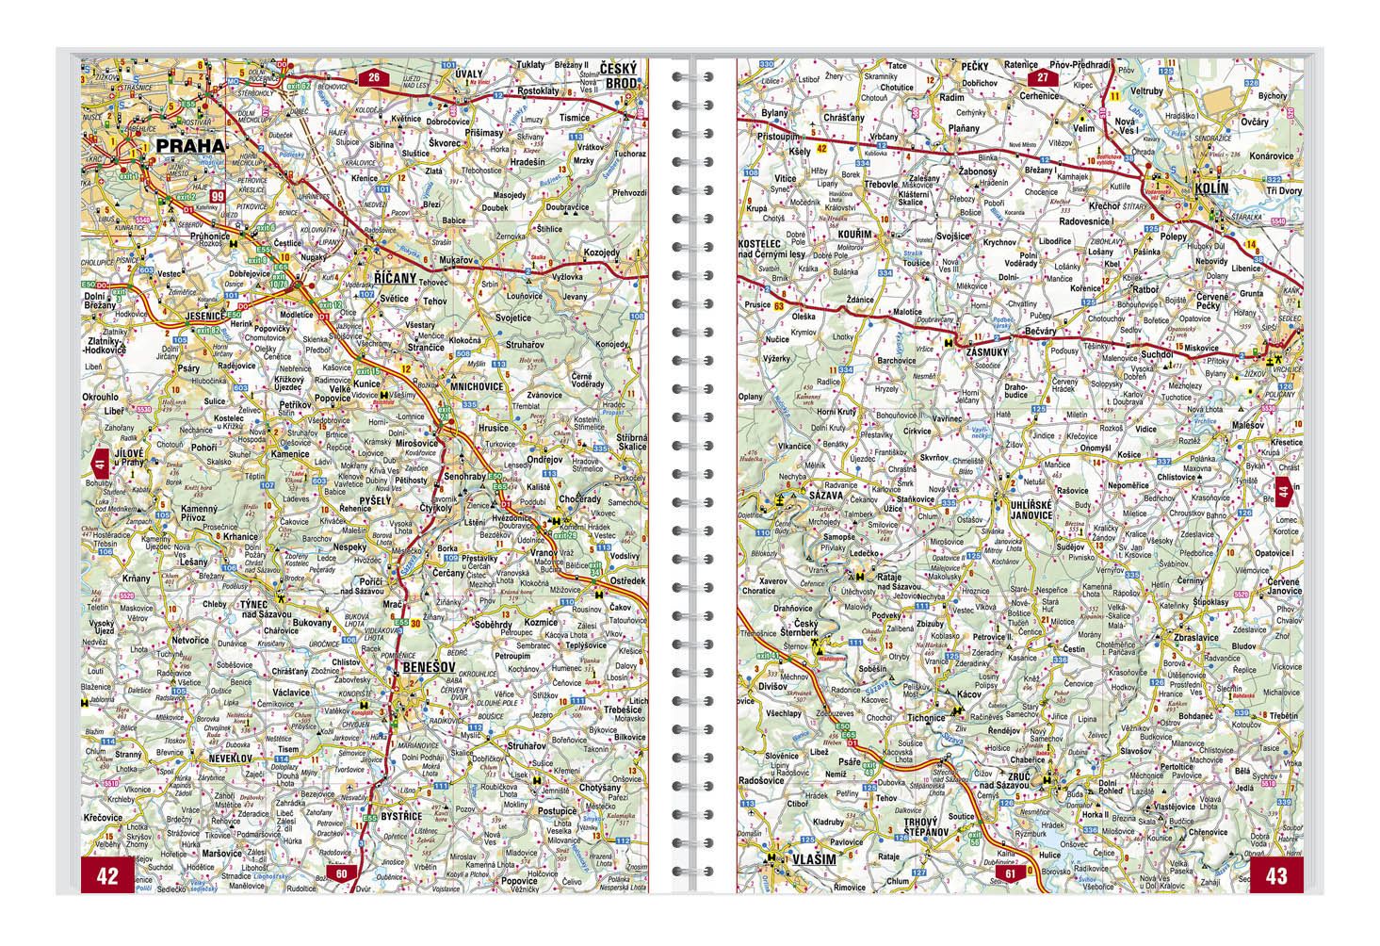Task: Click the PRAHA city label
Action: point(191,146)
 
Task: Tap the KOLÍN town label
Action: point(1210,188)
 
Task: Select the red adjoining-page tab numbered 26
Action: point(373,77)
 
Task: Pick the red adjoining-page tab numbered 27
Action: point(1043,77)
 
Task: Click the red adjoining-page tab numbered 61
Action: point(1011,874)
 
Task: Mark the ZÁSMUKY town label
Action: point(987,350)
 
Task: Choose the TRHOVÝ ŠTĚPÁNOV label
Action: point(908,827)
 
